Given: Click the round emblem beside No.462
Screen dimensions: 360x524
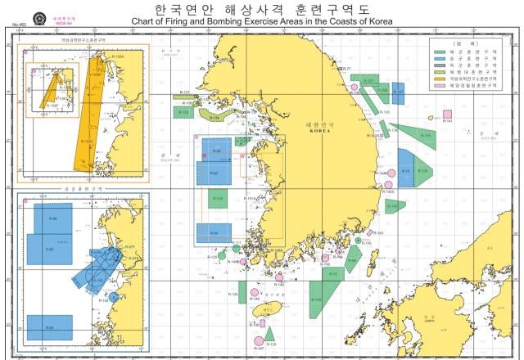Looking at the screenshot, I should (x=39, y=19).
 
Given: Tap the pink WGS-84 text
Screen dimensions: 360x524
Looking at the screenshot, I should (x=63, y=23).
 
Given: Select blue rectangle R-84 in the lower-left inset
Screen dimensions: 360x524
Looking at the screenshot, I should (x=50, y=326).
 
